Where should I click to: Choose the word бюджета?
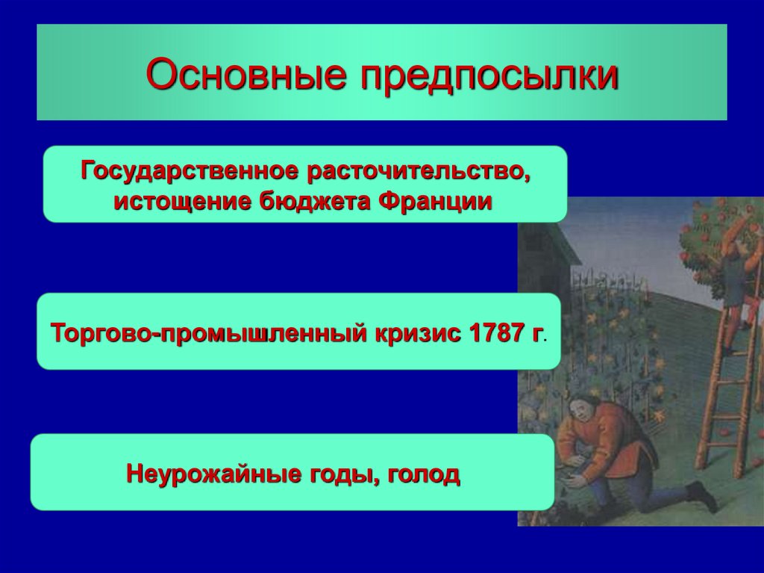(314, 201)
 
